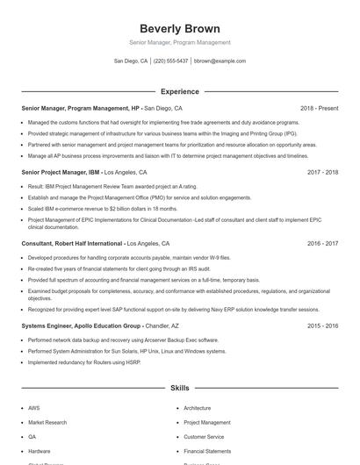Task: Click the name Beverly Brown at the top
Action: tap(179, 28)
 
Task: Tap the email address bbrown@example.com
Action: tap(220, 61)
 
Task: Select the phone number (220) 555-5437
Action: tap(171, 61)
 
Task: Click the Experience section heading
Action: tap(179, 91)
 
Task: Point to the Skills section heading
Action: tap(179, 387)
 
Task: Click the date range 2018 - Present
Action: tap(319, 108)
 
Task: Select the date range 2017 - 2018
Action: tap(322, 172)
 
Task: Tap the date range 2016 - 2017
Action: tap(322, 243)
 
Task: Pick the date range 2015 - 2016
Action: tap(322, 325)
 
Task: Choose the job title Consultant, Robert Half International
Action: tap(73, 243)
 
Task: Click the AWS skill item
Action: tap(33, 408)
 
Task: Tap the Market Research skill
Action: tap(47, 422)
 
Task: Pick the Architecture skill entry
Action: tap(197, 408)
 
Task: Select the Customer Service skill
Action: tap(204, 436)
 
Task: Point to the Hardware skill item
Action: tap(39, 450)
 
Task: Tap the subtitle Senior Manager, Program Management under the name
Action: tap(179, 42)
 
